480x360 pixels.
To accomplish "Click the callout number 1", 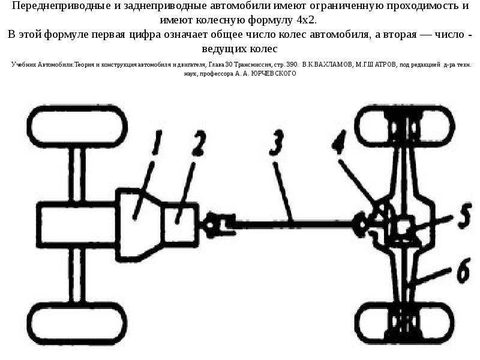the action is pos(157,143).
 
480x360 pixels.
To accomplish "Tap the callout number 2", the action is pos(199,143).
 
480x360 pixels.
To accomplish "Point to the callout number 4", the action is pos(339,142).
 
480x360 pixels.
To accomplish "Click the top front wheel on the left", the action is pos(77,127).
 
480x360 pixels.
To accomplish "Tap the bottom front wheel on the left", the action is pos(77,323).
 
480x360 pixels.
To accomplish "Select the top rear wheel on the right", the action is pos(404,127).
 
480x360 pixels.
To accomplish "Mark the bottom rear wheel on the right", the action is pos(404,323).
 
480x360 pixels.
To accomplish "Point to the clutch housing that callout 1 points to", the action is pos(139,225).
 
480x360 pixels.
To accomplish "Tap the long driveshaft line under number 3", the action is pos(294,224).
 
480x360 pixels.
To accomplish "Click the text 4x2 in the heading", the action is pos(306,20).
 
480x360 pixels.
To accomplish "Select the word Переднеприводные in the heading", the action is pos(61,5).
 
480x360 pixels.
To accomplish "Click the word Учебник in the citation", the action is pos(24,65).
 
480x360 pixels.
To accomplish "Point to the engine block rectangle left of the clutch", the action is pos(77,224).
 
